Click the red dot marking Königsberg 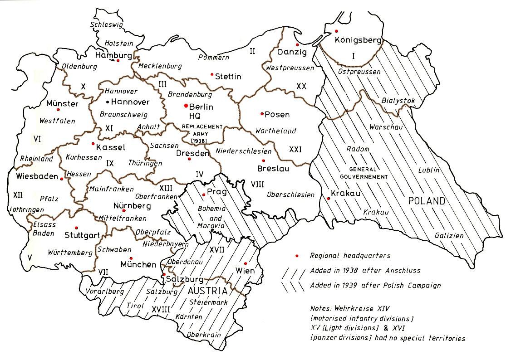(x=336, y=31)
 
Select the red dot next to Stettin (x=212, y=74)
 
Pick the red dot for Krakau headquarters (x=328, y=198)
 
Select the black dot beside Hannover (x=108, y=101)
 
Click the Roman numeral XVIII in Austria (x=161, y=309)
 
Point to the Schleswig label (x=107, y=25)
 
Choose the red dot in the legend (x=297, y=256)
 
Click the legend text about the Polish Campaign (x=375, y=286)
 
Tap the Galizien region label (x=449, y=235)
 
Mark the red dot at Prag (x=204, y=195)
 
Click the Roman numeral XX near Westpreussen (x=301, y=86)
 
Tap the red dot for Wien (x=246, y=263)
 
